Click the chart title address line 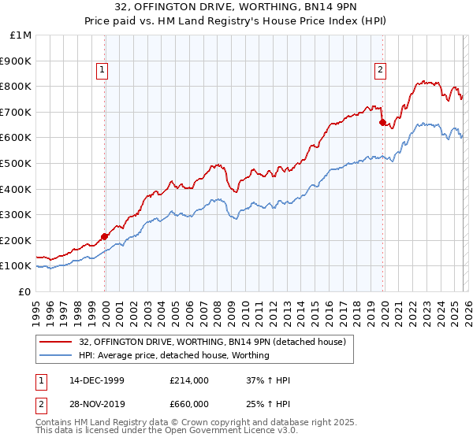(236, 8)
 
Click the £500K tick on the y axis (16, 163)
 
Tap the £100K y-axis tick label (16, 266)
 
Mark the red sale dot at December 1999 (105, 236)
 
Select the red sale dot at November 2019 (382, 122)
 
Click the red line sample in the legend (57, 342)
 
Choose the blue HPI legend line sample (57, 355)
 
